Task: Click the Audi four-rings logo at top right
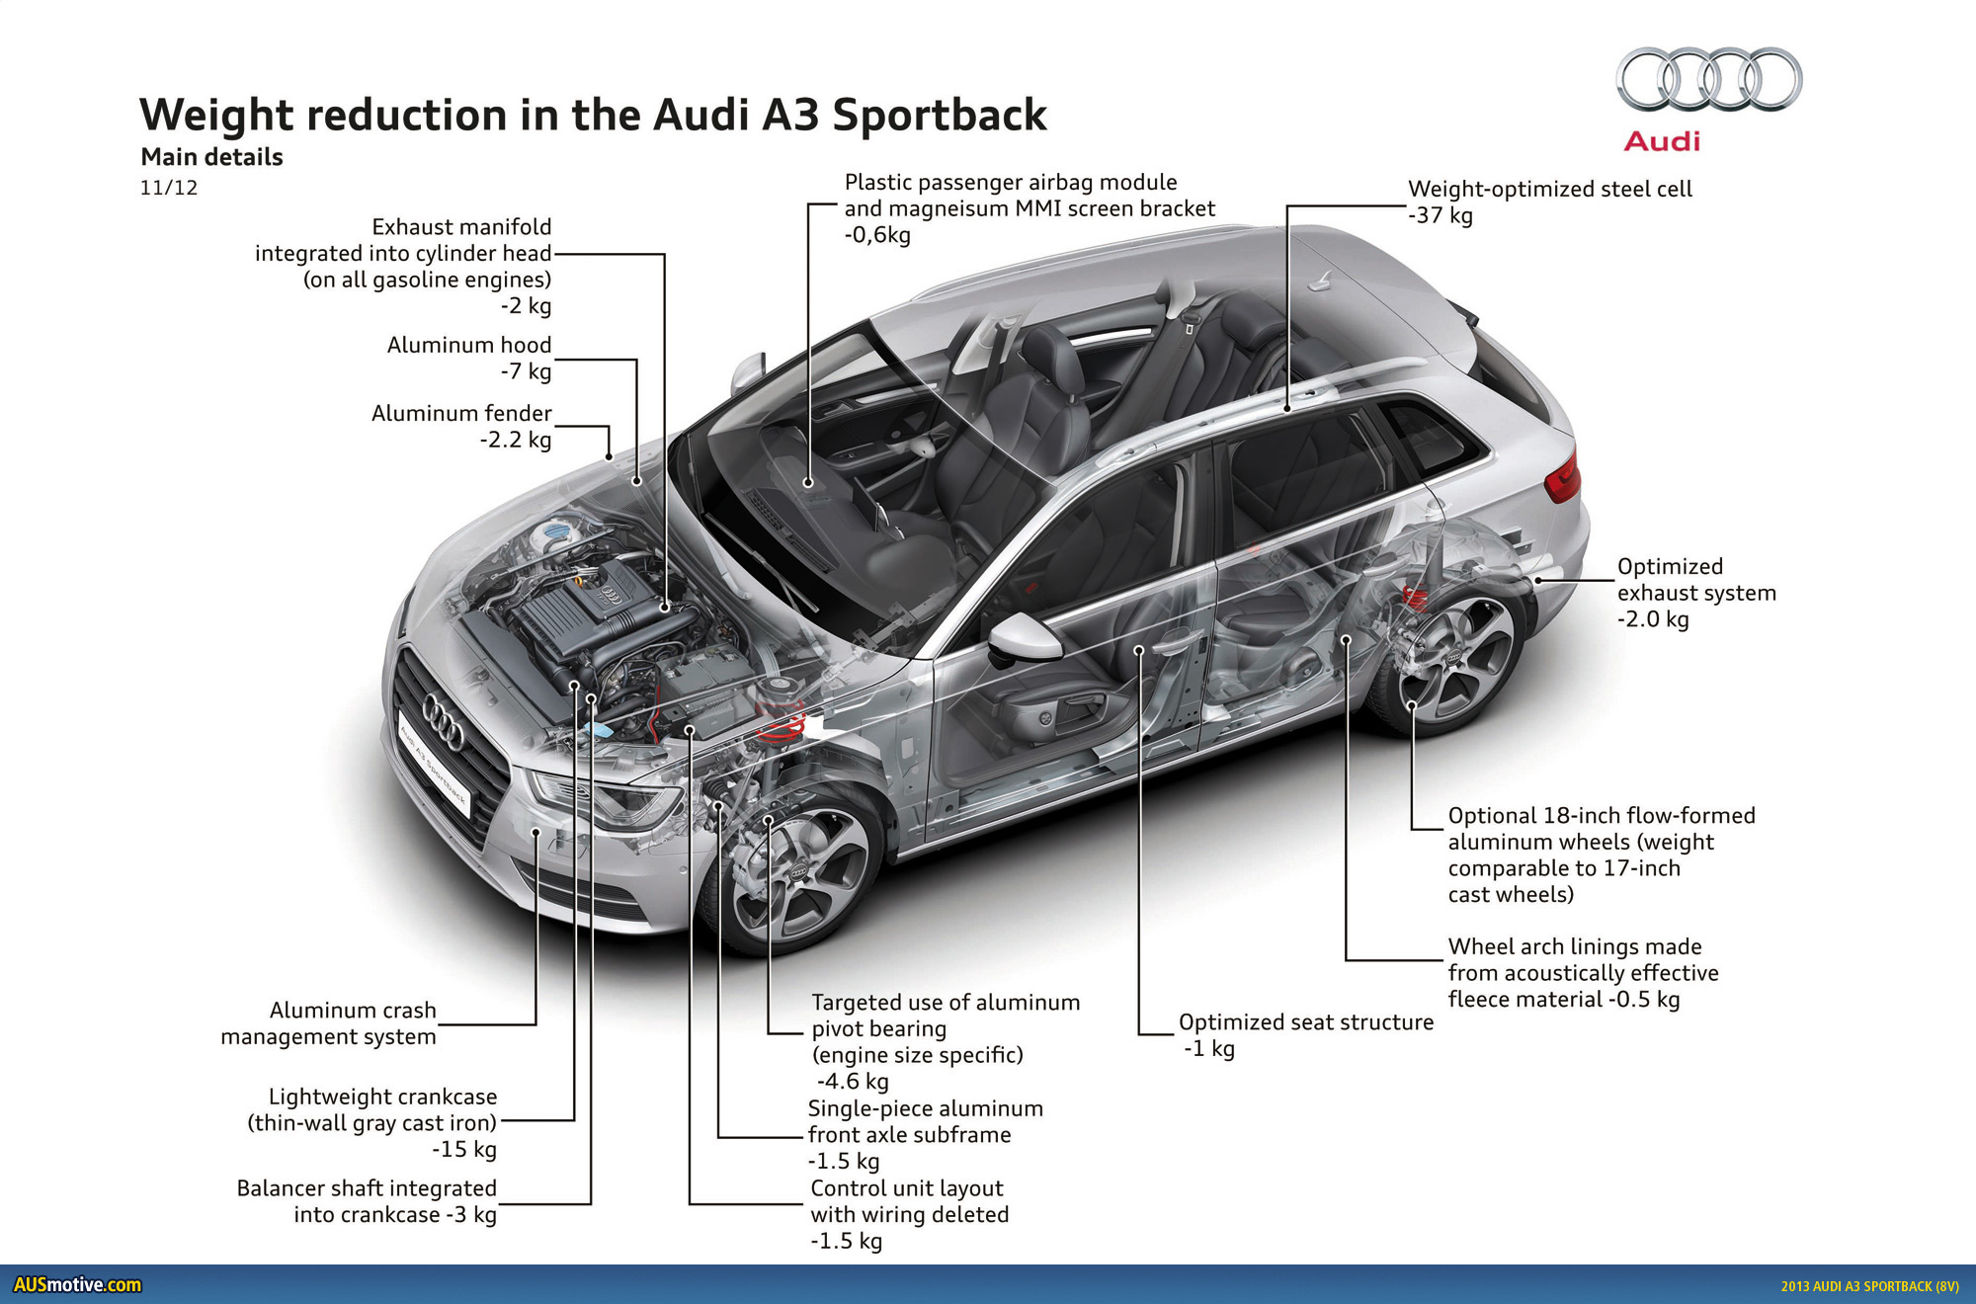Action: (1709, 79)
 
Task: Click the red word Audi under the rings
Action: (1662, 141)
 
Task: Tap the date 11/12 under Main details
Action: (169, 188)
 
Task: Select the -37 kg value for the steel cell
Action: (1441, 215)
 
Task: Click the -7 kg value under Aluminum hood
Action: (526, 371)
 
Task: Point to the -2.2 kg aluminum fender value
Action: (515, 440)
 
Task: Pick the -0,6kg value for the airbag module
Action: (877, 235)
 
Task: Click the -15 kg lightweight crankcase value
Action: (464, 1149)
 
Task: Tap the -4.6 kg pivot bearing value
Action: (853, 1082)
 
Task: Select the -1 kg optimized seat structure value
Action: (1209, 1049)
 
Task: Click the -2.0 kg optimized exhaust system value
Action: (1653, 619)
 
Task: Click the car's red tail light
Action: (1563, 478)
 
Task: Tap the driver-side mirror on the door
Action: (1024, 637)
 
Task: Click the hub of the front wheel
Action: (798, 872)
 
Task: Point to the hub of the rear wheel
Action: (1454, 657)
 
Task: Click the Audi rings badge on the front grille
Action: (444, 720)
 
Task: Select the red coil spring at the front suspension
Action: (782, 727)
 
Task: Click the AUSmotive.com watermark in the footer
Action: (77, 1284)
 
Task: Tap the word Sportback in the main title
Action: (939, 116)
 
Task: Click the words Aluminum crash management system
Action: (328, 1023)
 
